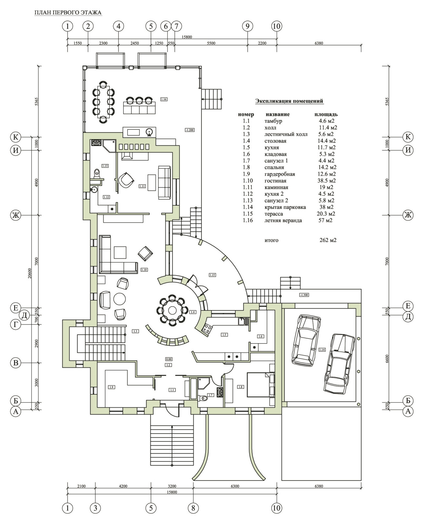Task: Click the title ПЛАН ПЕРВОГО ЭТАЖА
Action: click(x=68, y=13)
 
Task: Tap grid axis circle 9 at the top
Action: click(x=247, y=26)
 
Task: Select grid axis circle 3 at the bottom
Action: click(x=95, y=508)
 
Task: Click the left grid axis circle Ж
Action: click(x=15, y=215)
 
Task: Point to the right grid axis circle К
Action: click(x=408, y=137)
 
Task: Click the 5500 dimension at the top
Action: click(x=211, y=43)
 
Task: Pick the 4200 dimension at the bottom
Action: click(x=123, y=486)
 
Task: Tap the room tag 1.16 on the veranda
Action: click(x=164, y=99)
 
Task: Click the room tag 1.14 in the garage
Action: click(x=322, y=350)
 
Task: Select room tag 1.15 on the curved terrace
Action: click(x=212, y=275)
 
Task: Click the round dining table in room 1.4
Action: click(x=172, y=310)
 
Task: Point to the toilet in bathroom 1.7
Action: click(x=203, y=399)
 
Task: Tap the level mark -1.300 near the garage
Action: click(x=304, y=295)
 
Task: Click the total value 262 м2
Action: click(x=328, y=240)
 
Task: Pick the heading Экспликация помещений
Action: click(x=289, y=101)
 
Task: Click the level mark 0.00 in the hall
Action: click(x=169, y=359)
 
